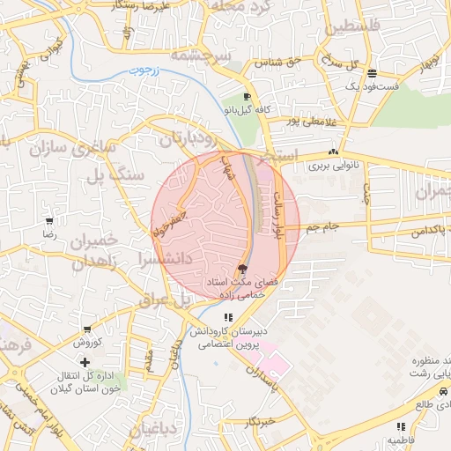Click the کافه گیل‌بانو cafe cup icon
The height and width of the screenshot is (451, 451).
coord(248,97)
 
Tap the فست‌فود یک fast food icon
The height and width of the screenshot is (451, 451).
coord(373,73)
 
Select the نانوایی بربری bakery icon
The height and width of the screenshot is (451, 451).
coord(332,152)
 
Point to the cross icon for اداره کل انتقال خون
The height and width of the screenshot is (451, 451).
coord(85,362)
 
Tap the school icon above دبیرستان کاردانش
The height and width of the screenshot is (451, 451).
coord(228,317)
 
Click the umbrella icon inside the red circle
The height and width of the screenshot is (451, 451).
coord(241,269)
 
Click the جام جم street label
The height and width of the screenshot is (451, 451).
coord(322,228)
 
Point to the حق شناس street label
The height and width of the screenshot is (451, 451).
coord(279,62)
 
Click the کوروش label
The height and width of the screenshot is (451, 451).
coord(88,342)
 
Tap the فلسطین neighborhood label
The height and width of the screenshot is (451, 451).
coord(359,27)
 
